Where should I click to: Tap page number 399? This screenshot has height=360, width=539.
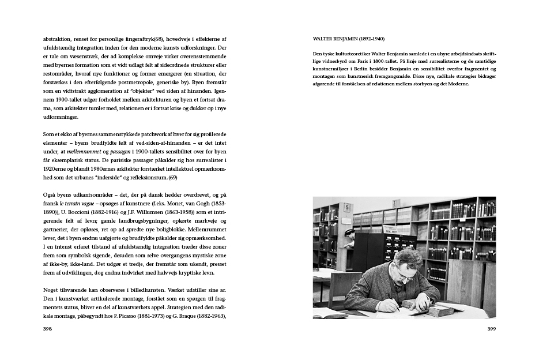(491, 328)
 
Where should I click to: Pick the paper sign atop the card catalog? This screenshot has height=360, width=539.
(396, 204)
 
